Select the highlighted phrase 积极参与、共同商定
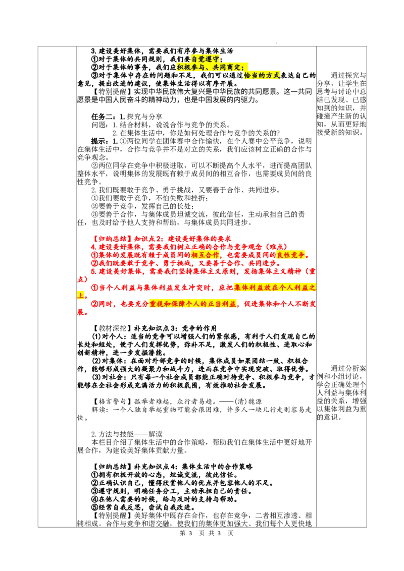tap(212, 68)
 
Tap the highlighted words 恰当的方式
tap(262, 75)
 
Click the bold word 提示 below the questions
tap(98, 141)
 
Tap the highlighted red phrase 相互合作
tap(205, 255)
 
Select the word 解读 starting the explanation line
tap(98, 410)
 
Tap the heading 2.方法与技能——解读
tap(127, 434)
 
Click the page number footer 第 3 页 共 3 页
tap(207, 533)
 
